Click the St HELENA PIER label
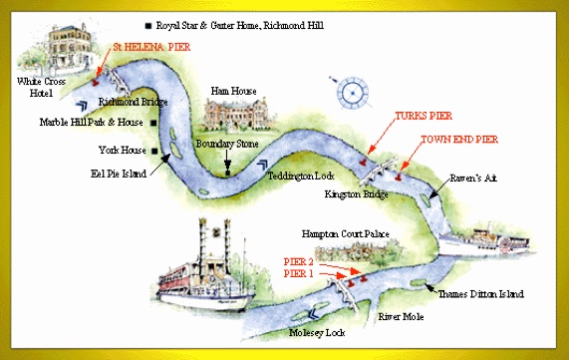click(151, 47)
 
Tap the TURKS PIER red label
click(424, 116)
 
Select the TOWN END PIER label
click(459, 140)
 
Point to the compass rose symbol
click(352, 93)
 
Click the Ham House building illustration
click(238, 114)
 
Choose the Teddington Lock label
click(301, 177)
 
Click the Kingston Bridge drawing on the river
click(378, 171)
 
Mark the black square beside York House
click(154, 151)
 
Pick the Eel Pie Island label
click(119, 174)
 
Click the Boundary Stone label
click(227, 144)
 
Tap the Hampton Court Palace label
click(346, 234)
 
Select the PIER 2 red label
click(298, 261)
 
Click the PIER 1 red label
click(298, 273)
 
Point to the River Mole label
click(401, 317)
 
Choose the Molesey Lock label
click(317, 332)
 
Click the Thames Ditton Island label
click(481, 294)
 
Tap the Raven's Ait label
click(473, 178)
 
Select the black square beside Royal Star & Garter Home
click(148, 25)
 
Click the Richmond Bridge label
click(134, 102)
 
